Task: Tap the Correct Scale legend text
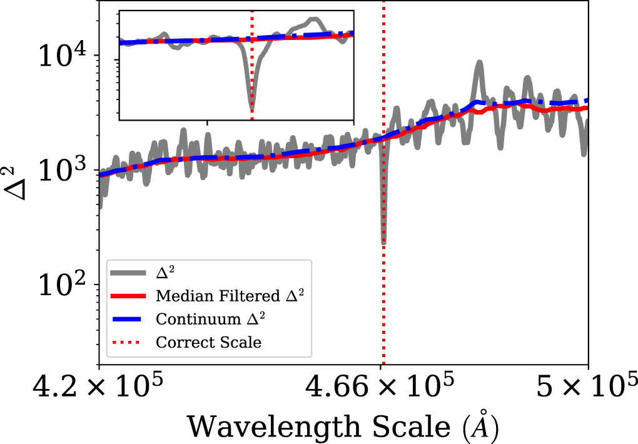tap(208, 342)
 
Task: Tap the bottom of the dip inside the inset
tap(252, 109)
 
